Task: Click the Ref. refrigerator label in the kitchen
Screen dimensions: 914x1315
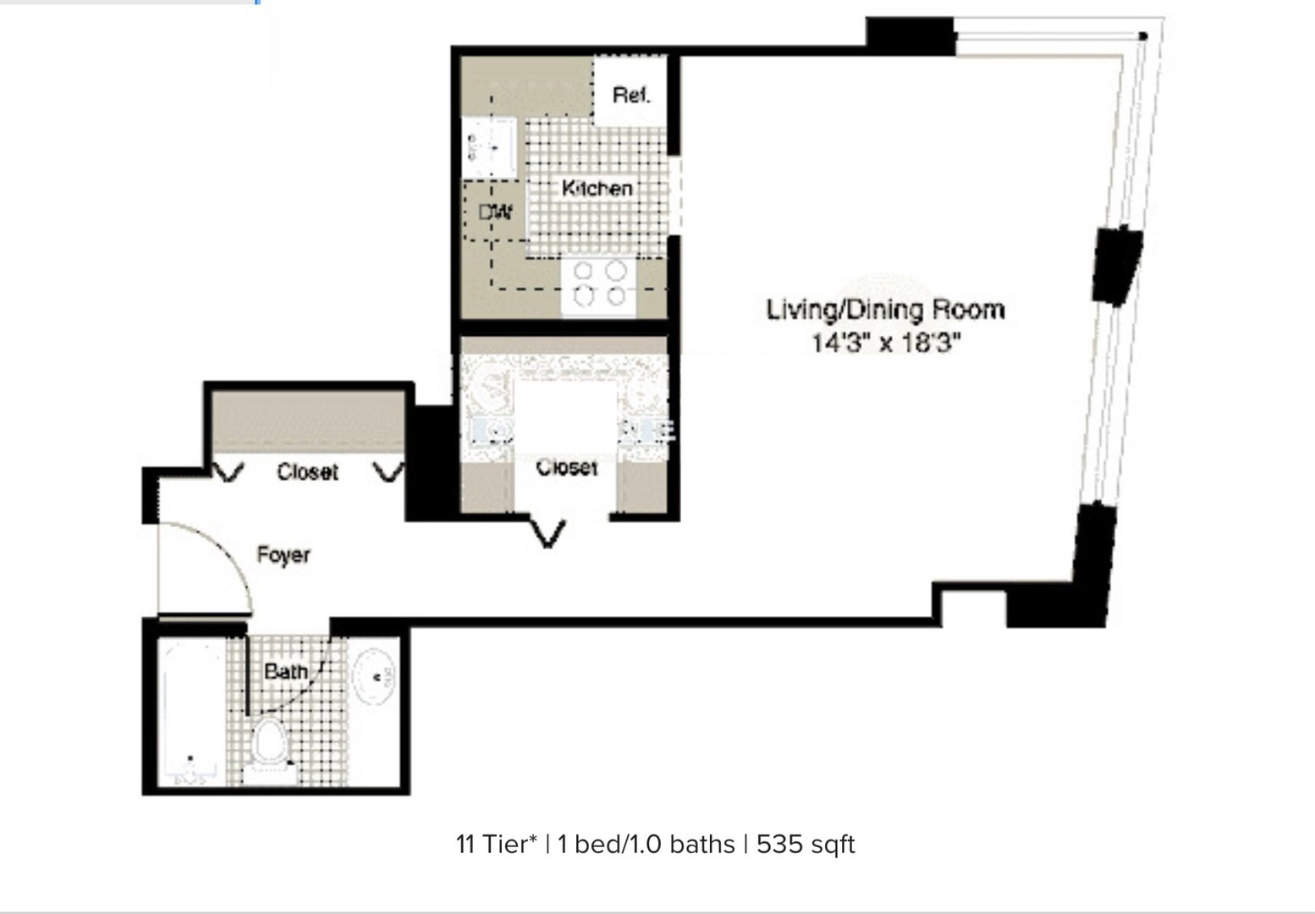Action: point(631,95)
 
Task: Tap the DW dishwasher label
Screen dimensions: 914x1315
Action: point(495,212)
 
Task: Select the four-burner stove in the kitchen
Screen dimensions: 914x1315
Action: point(599,284)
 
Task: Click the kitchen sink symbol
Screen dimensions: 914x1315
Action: point(489,148)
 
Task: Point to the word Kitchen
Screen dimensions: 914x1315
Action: point(597,188)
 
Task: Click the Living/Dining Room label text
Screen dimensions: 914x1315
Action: point(885,310)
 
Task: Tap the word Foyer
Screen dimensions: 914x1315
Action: point(283,555)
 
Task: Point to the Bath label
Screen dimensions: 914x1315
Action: point(285,671)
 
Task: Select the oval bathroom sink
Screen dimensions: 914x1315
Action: point(373,676)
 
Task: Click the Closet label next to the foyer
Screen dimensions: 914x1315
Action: point(307,471)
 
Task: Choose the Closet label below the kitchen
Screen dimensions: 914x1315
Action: point(566,467)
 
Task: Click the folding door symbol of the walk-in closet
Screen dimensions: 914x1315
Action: point(548,533)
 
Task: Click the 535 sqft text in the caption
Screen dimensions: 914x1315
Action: point(805,845)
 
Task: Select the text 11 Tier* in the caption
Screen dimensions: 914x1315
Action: point(496,845)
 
